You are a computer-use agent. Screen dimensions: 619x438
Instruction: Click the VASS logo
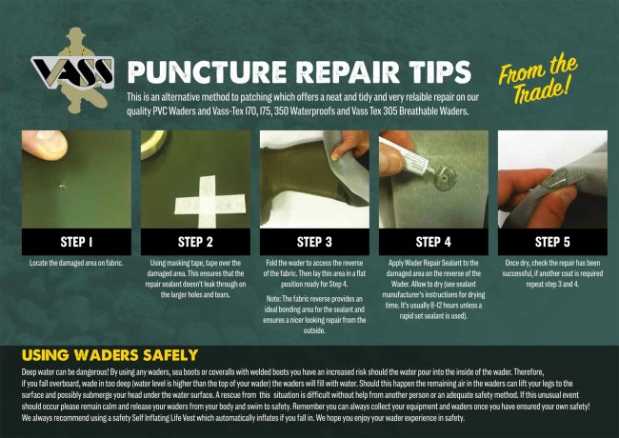click(x=72, y=71)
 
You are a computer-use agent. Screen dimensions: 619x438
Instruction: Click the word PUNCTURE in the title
click(x=208, y=71)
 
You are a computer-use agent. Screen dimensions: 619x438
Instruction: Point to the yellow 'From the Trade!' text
click(x=538, y=79)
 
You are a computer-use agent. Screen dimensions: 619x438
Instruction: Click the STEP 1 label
click(x=76, y=242)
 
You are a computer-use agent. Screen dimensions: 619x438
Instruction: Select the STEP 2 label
click(x=195, y=242)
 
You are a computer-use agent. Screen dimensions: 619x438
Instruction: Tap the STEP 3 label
click(x=314, y=242)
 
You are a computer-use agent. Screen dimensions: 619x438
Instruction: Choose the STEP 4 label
click(x=433, y=242)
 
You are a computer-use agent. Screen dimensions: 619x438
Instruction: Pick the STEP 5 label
click(x=552, y=242)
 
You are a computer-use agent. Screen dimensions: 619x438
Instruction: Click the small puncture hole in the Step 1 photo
click(x=62, y=186)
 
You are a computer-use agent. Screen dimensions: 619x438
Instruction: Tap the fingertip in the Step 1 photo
click(x=45, y=145)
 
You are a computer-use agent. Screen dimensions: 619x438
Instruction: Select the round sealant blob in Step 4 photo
click(x=444, y=178)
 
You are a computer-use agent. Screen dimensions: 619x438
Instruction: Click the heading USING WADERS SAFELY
click(x=110, y=355)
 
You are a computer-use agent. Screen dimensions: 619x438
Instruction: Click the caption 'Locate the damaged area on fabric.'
click(x=76, y=263)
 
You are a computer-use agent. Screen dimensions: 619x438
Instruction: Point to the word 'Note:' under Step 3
click(x=273, y=299)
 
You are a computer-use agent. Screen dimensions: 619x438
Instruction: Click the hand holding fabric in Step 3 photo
click(x=350, y=146)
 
